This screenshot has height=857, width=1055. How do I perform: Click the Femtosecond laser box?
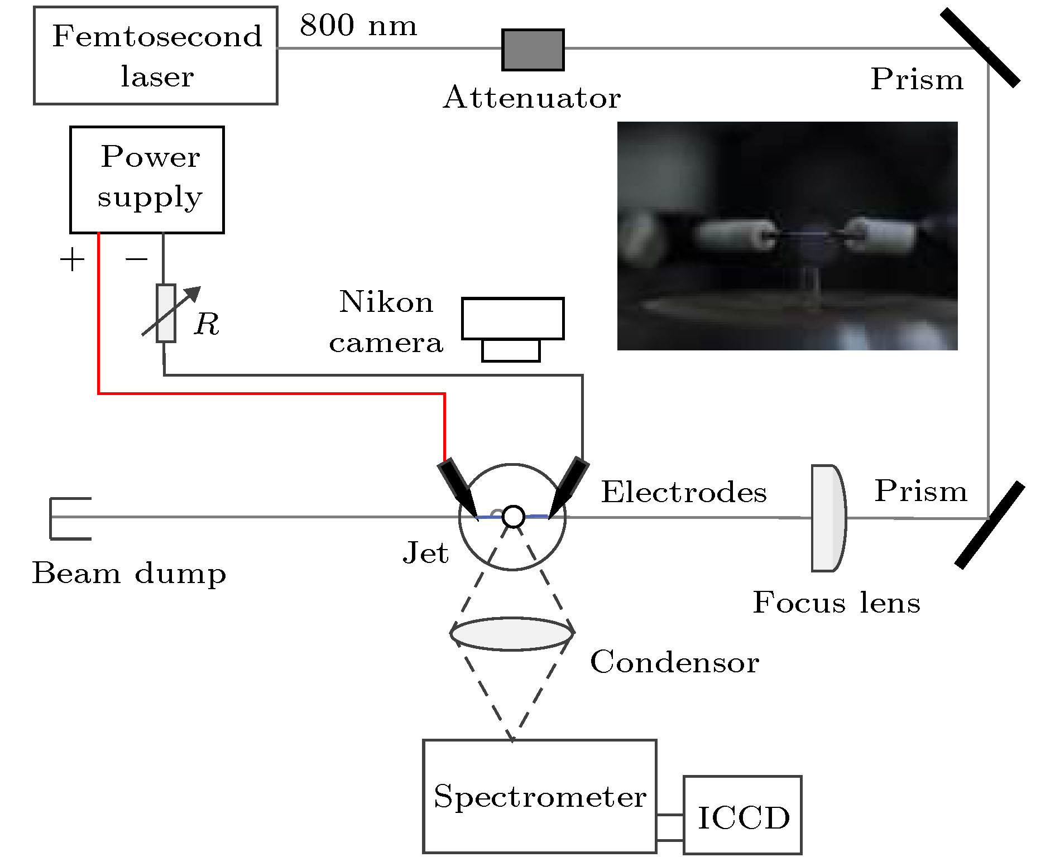156,56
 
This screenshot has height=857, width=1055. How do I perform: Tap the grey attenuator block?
533,50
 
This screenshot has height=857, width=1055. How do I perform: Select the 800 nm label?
358,26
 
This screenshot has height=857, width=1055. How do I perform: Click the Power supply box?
147,180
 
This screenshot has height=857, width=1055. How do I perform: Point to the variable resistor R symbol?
166,313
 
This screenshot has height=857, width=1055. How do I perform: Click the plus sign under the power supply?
72,260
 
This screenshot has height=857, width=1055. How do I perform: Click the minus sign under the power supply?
136,259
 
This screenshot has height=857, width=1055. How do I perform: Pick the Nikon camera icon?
512,329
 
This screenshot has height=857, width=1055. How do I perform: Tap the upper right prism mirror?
980,48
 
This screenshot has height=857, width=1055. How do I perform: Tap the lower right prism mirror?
990,525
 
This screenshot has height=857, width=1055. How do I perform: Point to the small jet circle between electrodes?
513,517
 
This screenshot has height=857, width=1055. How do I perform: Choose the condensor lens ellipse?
512,634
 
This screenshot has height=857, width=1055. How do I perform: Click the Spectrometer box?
539,796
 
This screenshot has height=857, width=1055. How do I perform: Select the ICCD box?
742,815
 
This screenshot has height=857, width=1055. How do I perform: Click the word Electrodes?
684,492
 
